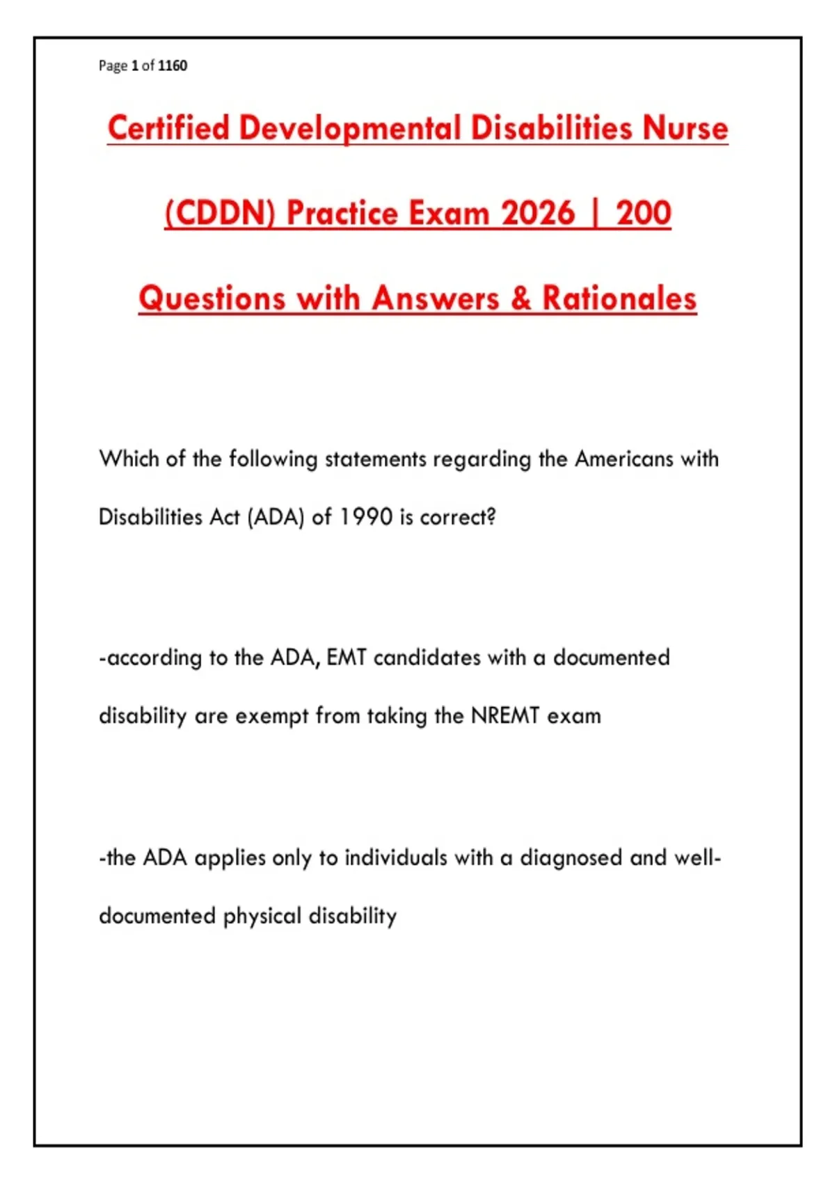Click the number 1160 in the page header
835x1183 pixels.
coord(173,65)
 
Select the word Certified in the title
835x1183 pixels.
coord(168,128)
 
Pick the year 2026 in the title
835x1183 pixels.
coord(538,213)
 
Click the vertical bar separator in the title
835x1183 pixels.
coord(596,214)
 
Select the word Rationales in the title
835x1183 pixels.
coord(619,298)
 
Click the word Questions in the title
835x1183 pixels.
coord(212,299)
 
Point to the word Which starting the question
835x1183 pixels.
coord(129,459)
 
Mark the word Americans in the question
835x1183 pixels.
coord(623,459)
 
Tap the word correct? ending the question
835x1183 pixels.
coord(458,517)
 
